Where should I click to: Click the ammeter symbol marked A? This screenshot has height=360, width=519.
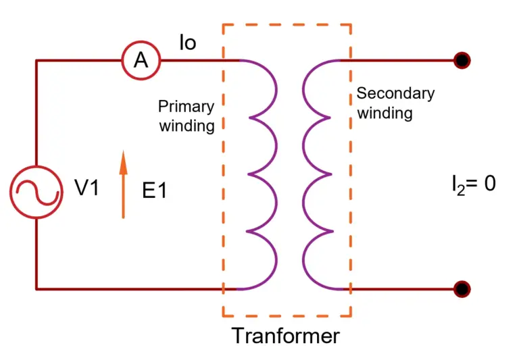[141, 61]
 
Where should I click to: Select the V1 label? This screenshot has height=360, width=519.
[86, 188]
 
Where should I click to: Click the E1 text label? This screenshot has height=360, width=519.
[154, 191]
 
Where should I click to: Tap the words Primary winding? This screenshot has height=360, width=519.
[187, 115]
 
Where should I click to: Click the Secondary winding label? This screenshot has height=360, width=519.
[395, 103]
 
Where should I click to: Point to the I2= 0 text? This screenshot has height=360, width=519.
[474, 184]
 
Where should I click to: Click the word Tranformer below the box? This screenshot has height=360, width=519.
[286, 336]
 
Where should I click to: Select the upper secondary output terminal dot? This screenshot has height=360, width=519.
[462, 60]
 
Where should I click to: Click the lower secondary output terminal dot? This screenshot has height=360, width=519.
[462, 289]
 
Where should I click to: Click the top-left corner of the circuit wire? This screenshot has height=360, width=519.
[36, 61]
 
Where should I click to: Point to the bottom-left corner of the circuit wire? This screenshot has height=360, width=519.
[36, 289]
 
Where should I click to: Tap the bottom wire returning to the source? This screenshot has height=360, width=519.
[135, 289]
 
